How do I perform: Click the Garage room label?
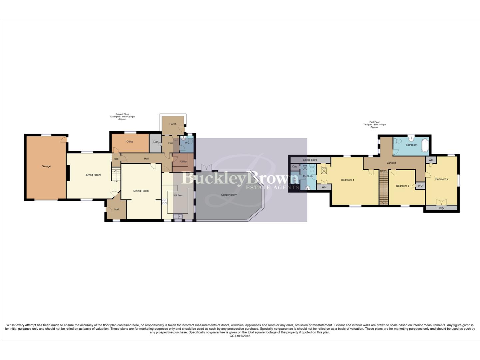point(46,166)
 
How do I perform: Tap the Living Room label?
point(93,175)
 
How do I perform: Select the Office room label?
point(130,142)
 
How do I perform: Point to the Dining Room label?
point(141,191)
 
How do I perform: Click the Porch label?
point(173,124)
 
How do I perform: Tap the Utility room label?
point(183,162)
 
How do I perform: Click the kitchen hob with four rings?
point(164,202)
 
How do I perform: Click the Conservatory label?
point(229,195)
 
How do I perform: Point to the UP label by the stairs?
point(116,181)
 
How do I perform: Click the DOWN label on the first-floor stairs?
point(384,171)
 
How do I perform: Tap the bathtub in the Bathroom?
point(425,145)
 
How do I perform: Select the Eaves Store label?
point(310,160)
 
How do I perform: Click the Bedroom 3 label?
point(402,186)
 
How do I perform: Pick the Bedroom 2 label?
point(442,179)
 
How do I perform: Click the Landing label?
point(391,163)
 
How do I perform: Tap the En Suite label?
point(308,176)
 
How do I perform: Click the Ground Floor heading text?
point(122,114)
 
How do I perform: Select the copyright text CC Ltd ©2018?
point(240,336)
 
